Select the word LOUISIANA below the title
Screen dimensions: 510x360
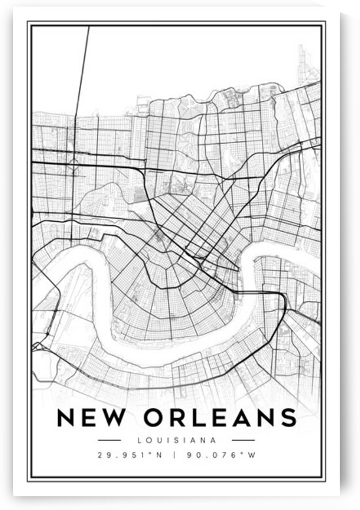(176, 440)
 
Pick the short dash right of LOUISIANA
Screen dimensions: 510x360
(243, 440)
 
